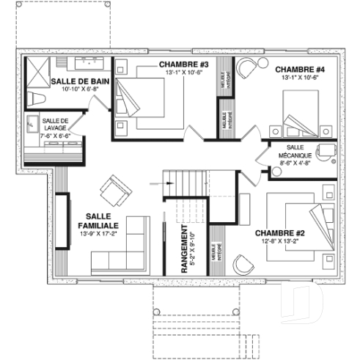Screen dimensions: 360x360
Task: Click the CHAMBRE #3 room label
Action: pos(184,65)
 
